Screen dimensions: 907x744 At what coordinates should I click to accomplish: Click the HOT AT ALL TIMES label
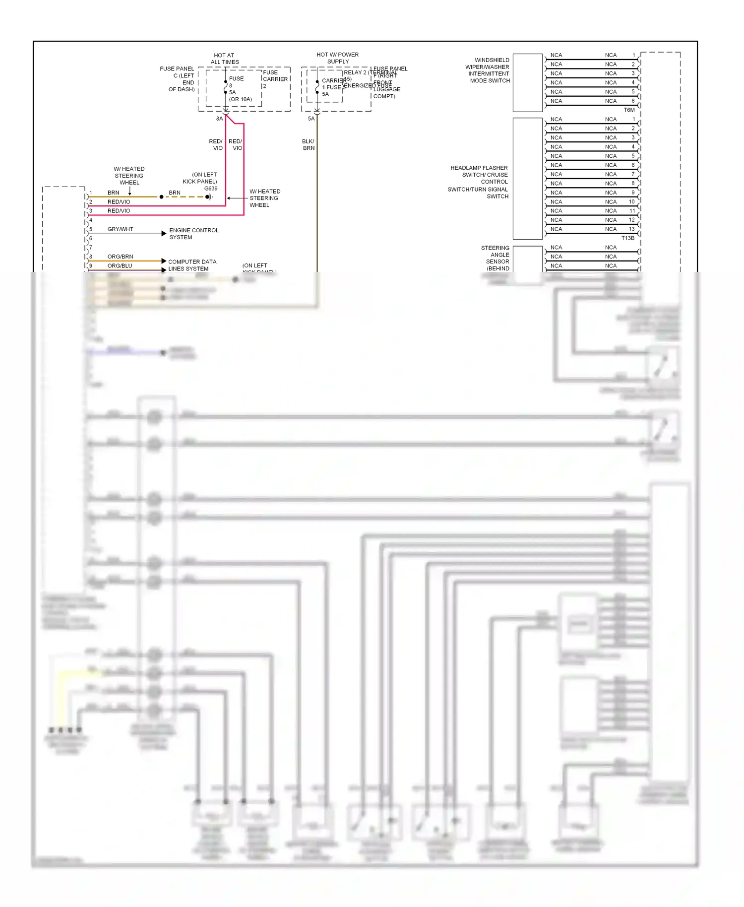tap(224, 59)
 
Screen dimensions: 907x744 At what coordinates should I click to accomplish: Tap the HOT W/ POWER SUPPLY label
tap(337, 58)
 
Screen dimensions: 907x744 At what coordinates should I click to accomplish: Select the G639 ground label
tap(211, 189)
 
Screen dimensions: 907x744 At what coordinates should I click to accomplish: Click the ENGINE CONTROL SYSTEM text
tap(193, 234)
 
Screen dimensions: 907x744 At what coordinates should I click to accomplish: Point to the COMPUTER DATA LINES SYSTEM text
tap(191, 265)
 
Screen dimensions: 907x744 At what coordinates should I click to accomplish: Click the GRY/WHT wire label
tap(120, 229)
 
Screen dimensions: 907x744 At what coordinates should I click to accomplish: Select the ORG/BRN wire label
tap(120, 257)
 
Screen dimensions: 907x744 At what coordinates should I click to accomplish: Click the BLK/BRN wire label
tap(308, 144)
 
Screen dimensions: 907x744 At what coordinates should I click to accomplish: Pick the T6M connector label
tap(629, 110)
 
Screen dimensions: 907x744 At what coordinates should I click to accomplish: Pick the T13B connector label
tap(628, 238)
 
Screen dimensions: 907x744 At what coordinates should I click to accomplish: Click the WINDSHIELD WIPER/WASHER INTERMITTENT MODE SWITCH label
tap(488, 70)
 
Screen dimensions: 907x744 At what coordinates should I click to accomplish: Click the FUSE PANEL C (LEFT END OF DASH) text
tap(178, 79)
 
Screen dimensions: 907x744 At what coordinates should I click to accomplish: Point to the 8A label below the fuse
tap(219, 119)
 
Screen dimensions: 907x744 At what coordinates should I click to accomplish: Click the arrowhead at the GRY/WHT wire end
tap(164, 233)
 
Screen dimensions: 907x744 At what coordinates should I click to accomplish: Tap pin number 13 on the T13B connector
tap(631, 229)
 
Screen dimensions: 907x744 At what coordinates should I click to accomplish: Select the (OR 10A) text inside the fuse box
tap(241, 99)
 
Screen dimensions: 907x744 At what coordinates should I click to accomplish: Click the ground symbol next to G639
tap(209, 197)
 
